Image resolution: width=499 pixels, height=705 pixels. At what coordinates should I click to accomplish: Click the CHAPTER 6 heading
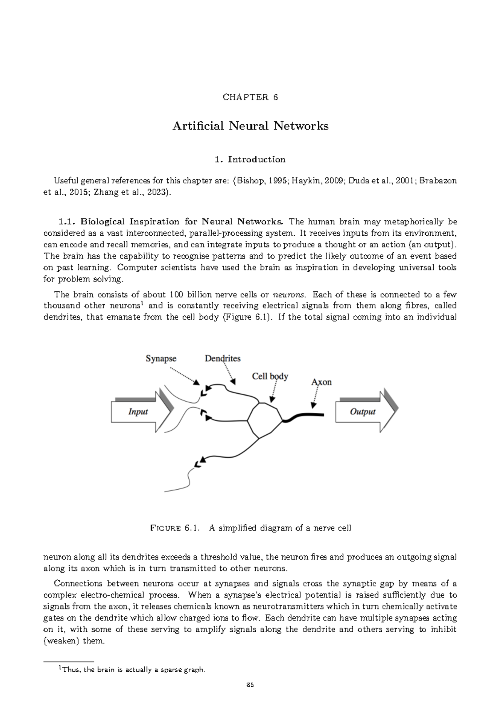(x=250, y=97)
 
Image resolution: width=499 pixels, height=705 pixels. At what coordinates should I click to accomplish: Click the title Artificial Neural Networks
(x=250, y=126)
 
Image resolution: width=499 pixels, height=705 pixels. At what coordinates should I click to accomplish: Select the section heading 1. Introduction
(x=250, y=159)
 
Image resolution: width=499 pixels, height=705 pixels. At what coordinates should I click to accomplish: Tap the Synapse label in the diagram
(x=161, y=358)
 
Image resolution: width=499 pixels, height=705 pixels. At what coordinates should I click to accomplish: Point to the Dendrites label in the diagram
(x=222, y=358)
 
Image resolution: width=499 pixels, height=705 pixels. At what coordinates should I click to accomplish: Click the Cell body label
(x=270, y=376)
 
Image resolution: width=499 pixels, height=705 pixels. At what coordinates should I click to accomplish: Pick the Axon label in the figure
(x=321, y=382)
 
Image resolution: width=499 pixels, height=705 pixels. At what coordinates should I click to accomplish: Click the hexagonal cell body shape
(x=265, y=420)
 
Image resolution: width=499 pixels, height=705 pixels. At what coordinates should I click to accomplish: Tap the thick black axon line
(x=306, y=416)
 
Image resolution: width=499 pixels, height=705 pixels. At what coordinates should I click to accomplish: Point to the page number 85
(x=249, y=685)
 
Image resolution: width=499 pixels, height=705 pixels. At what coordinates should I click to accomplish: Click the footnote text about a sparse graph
(x=133, y=670)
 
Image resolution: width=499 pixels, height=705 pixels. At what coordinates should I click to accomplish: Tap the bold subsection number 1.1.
(x=68, y=221)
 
